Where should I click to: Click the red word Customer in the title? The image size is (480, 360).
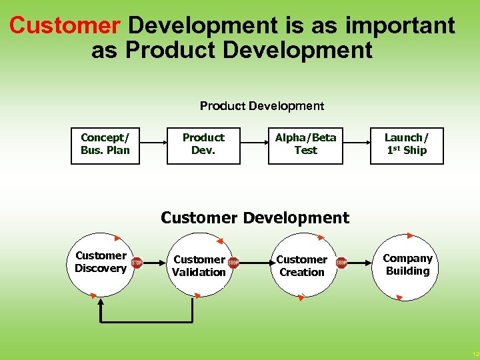pos(65,25)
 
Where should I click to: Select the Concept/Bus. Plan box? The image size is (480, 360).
pos(105,144)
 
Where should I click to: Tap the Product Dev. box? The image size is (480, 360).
pos(203,144)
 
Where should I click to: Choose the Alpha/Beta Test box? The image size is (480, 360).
pos(306,144)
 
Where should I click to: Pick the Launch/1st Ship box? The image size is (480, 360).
pos(407,144)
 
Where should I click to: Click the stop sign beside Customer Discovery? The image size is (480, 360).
pos(137,263)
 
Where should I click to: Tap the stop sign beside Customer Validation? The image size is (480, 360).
pos(233,263)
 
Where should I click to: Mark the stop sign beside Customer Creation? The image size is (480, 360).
pos(341,263)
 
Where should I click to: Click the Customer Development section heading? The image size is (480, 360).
pos(255,218)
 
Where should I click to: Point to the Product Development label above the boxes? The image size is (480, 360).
pos(262,106)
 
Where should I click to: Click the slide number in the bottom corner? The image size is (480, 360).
pos(475,354)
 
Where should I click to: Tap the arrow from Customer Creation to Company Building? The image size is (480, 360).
pos(360,263)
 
